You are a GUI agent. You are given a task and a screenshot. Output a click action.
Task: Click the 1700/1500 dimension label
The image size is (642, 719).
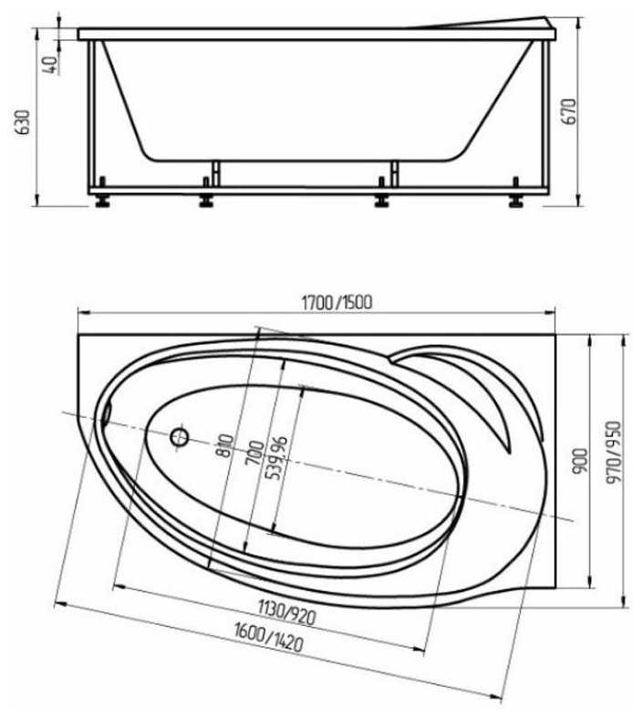coord(337,303)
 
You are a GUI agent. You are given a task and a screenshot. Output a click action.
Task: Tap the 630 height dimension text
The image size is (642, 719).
coord(23,122)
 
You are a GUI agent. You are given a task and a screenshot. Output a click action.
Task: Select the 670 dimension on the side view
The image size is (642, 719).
coord(569,111)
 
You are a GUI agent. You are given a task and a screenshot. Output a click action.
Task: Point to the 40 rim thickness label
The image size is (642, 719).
coord(50,65)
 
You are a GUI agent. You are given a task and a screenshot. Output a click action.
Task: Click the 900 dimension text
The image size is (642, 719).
coord(580,462)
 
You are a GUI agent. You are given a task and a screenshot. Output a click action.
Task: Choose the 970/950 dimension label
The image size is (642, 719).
coord(614,453)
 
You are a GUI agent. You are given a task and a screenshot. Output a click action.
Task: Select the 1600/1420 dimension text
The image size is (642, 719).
coord(269,637)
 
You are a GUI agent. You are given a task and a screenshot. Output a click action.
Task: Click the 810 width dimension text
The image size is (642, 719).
coord(226,446)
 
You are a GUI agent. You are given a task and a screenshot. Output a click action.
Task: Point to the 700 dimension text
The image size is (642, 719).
coord(254,453)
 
